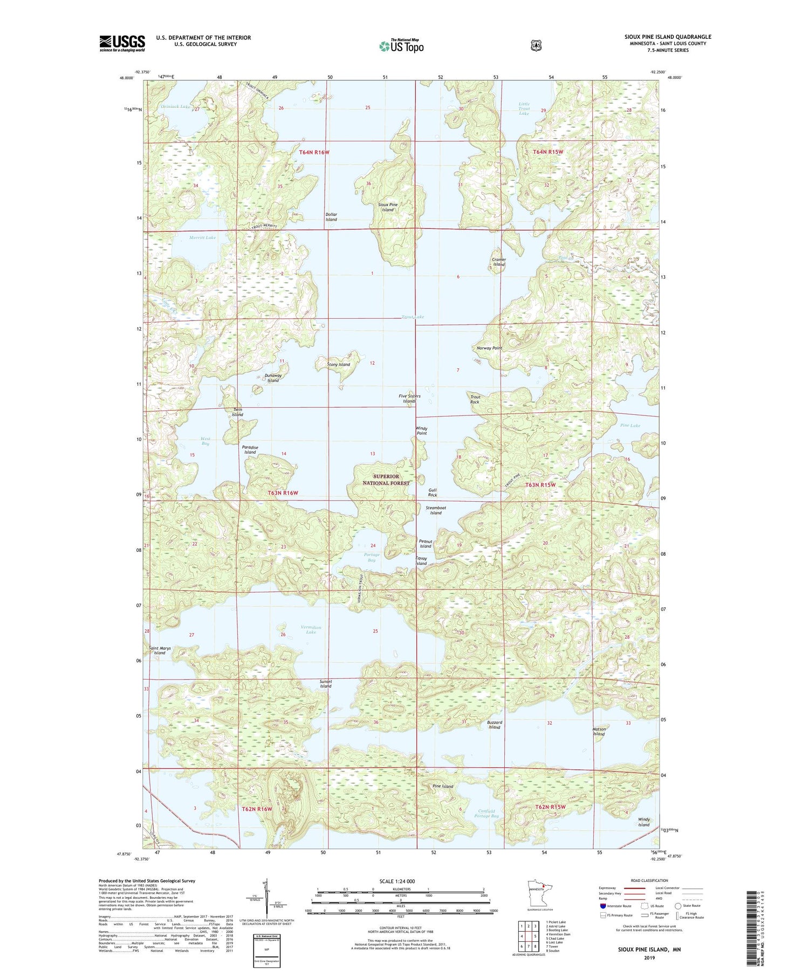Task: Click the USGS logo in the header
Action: point(122,43)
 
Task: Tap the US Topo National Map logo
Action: point(401,46)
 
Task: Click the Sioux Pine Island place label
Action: point(387,207)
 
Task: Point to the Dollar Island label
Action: point(331,217)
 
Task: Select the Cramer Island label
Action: point(499,262)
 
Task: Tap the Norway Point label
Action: point(489,348)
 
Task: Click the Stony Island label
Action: point(339,364)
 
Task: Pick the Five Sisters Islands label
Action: point(409,399)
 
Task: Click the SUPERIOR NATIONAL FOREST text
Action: point(386,480)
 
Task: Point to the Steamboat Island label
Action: point(436,510)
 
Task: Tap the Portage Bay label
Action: point(372,557)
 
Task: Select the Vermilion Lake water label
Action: point(311,630)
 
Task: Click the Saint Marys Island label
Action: point(160,651)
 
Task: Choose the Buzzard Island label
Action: point(495,724)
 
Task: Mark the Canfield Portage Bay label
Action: point(489,813)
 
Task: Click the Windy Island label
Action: point(644,822)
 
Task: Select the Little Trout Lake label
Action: point(524,108)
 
